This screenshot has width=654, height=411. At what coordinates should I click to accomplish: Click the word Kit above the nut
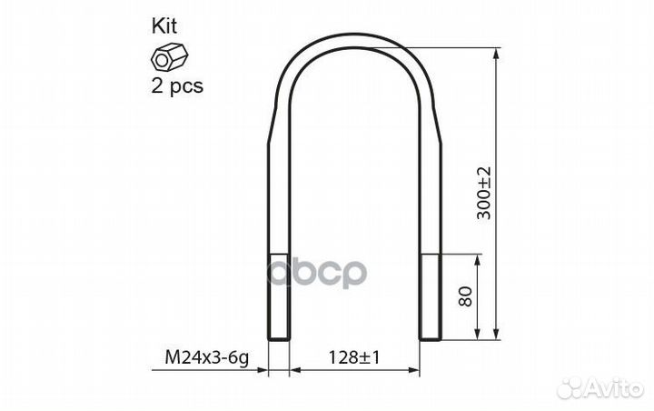point(163,25)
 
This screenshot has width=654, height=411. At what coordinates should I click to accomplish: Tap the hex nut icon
point(169,58)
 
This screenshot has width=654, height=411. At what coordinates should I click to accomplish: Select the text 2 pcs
point(177,86)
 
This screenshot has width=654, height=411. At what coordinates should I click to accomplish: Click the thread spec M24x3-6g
point(207,357)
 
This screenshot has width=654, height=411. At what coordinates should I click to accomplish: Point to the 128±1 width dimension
point(354,357)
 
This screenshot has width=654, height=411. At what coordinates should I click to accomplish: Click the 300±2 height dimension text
point(484,193)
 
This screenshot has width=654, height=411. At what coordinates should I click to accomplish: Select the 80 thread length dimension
point(465,296)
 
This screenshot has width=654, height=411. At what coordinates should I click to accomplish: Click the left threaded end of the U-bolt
point(278,296)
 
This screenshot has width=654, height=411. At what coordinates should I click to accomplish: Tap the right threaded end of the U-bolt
point(430,296)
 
